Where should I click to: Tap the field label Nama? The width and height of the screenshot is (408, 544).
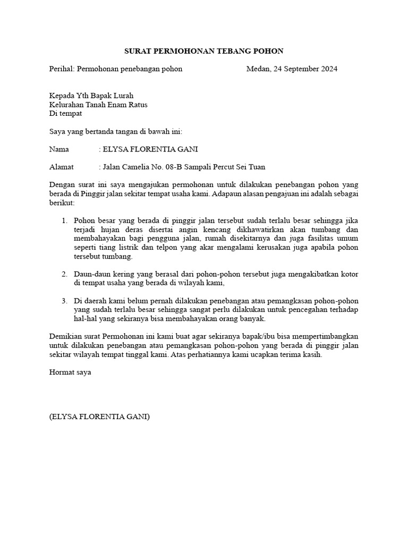click(x=59, y=149)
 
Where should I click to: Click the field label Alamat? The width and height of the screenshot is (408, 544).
click(x=61, y=167)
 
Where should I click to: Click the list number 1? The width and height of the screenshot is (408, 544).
click(x=64, y=220)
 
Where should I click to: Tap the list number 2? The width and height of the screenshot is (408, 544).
click(x=64, y=274)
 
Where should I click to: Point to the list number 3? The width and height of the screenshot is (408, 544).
click(x=64, y=301)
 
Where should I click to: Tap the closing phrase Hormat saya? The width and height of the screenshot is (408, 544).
click(x=70, y=372)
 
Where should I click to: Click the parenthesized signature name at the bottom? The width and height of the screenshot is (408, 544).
click(x=99, y=417)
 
